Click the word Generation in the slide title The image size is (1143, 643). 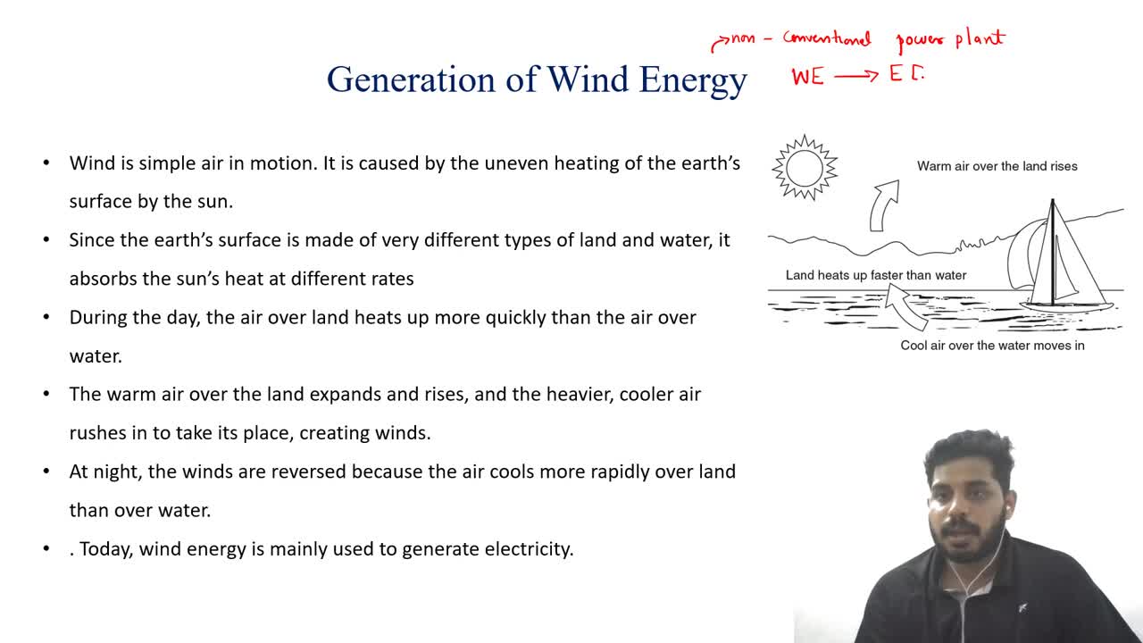pyautogui.click(x=412, y=80)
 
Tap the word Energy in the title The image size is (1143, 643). pyautogui.click(x=693, y=81)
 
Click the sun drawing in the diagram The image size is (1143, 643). pyautogui.click(x=805, y=167)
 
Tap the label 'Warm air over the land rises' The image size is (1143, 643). pyautogui.click(x=997, y=166)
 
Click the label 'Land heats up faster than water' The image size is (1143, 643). pyautogui.click(x=876, y=276)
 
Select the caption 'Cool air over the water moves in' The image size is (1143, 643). pyautogui.click(x=992, y=346)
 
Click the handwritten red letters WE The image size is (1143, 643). pyautogui.click(x=808, y=77)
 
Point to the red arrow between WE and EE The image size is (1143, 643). pyautogui.click(x=856, y=76)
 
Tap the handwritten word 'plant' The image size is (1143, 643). pyautogui.click(x=980, y=38)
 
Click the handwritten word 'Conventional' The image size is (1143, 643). pyautogui.click(x=827, y=38)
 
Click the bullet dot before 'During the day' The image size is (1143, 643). pyautogui.click(x=46, y=317)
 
